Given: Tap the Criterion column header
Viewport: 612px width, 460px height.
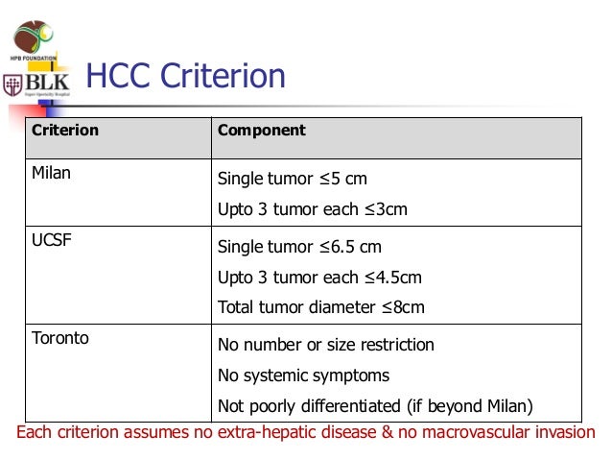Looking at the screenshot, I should [x=66, y=130].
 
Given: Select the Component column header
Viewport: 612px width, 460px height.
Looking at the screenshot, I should [x=262, y=130].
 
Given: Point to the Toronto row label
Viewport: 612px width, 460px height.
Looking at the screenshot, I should [x=60, y=338].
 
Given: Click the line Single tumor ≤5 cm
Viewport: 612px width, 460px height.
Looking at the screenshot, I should [x=293, y=180].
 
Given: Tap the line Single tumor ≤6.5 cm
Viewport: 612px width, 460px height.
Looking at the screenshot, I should [x=299, y=247].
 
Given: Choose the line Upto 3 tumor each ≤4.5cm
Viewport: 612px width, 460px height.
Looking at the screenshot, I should [x=319, y=278].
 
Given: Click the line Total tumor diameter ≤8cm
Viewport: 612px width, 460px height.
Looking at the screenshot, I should [x=321, y=308].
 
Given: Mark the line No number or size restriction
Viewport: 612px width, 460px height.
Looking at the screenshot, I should [x=326, y=345].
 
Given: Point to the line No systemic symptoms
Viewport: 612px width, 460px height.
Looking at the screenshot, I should [x=304, y=375].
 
